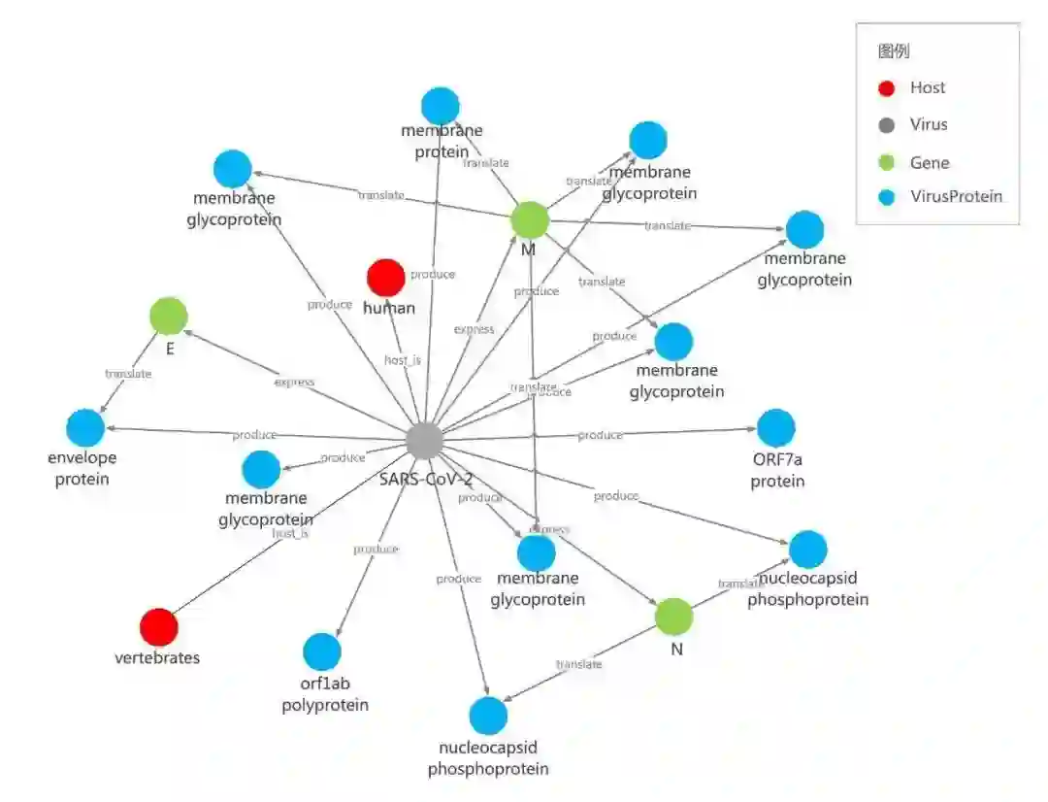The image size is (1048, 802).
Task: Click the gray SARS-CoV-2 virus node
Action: coord(424,441)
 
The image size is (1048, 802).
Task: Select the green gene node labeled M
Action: coord(530,221)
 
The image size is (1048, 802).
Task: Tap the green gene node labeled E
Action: coord(169,316)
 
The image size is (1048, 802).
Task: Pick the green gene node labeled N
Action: coord(673,617)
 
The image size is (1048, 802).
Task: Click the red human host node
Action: coord(385,278)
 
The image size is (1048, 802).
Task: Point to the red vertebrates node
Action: coord(158,627)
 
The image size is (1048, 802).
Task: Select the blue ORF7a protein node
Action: coord(775,428)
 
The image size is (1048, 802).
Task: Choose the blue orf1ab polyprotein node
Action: coord(322,652)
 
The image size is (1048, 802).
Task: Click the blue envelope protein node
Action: coord(85,428)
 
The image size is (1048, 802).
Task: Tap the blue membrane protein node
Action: coord(440,106)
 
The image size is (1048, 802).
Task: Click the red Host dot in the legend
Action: coord(886,88)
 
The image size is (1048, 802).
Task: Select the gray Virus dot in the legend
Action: coord(886,125)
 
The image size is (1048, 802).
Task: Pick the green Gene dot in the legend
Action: coord(886,162)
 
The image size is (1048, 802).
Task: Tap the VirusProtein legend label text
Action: coord(956,197)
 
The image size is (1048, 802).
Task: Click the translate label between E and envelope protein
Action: coord(128,374)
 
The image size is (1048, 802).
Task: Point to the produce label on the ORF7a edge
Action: coord(600,435)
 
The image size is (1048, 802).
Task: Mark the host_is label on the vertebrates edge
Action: coord(290,533)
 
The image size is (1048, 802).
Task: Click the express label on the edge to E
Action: coord(294,382)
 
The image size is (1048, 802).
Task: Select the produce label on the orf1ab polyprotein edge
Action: coord(376,549)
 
